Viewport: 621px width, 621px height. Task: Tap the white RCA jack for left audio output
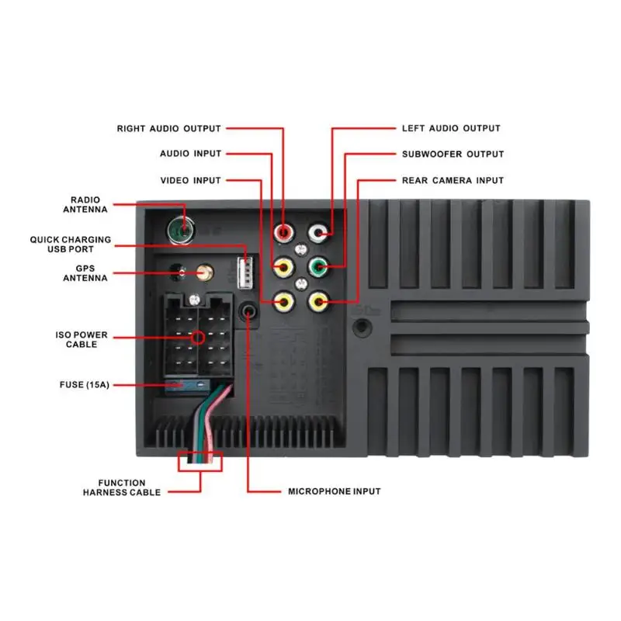[x=317, y=232]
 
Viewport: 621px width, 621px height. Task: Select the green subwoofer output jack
[x=317, y=269]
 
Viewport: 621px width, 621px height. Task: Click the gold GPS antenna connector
[x=206, y=272]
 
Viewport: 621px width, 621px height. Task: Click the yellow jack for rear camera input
[x=317, y=301]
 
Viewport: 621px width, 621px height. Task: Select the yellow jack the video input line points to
[x=285, y=301]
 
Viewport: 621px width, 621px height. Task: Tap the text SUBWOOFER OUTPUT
[x=453, y=154]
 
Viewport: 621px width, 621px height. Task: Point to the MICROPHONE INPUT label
[x=335, y=491]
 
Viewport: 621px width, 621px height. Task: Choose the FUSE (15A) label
[x=84, y=384]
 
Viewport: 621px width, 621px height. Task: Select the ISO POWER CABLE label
[x=82, y=340]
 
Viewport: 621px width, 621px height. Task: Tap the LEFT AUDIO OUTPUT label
[x=451, y=128]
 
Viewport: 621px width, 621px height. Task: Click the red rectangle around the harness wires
[x=200, y=461]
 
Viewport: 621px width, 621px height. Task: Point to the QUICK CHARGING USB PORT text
[x=71, y=245]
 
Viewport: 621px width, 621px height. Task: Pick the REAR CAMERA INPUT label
[x=453, y=180]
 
